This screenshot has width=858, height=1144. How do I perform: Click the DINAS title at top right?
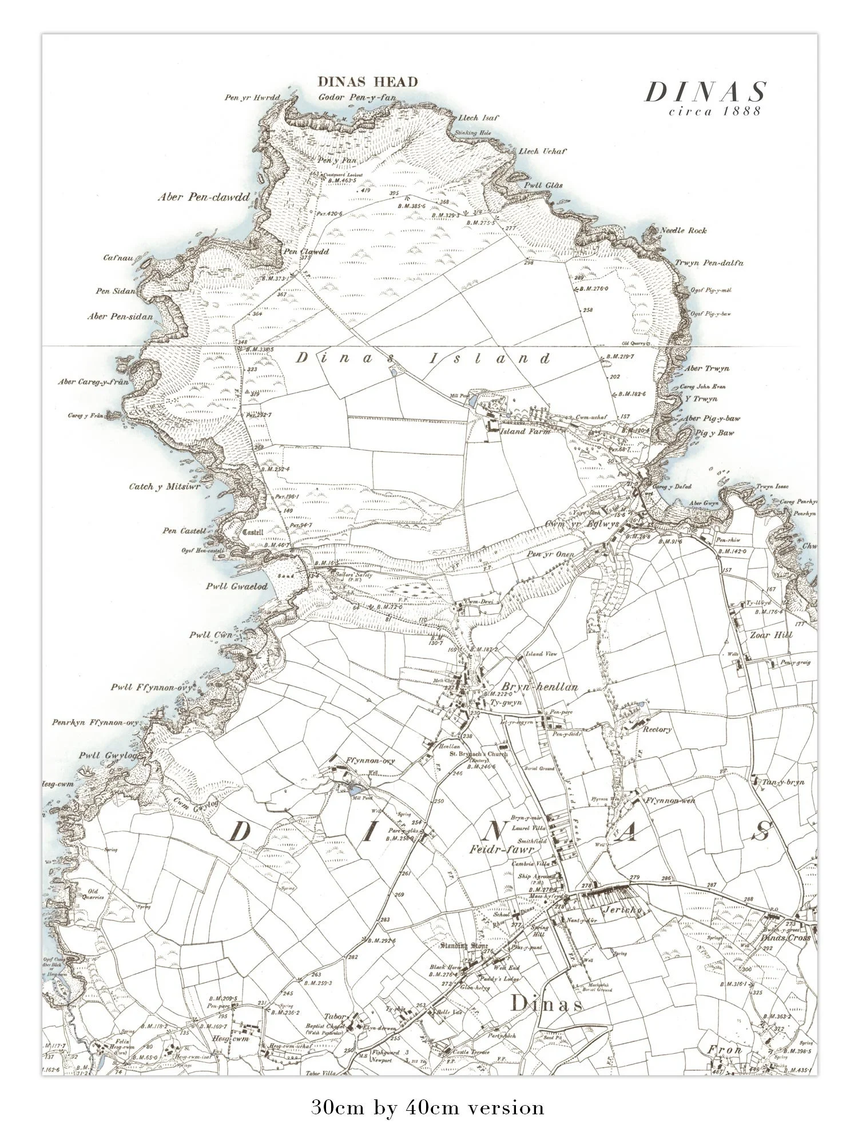point(705,92)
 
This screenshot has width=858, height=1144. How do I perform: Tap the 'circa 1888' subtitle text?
point(715,112)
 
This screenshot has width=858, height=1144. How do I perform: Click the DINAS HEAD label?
point(368,82)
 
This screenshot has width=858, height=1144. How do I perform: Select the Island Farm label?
point(525,431)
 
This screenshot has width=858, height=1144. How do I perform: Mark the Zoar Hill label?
point(770,635)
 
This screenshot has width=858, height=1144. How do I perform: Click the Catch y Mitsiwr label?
point(165,487)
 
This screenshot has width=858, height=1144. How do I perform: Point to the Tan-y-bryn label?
point(782,782)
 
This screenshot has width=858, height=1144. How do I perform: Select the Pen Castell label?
point(184,531)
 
